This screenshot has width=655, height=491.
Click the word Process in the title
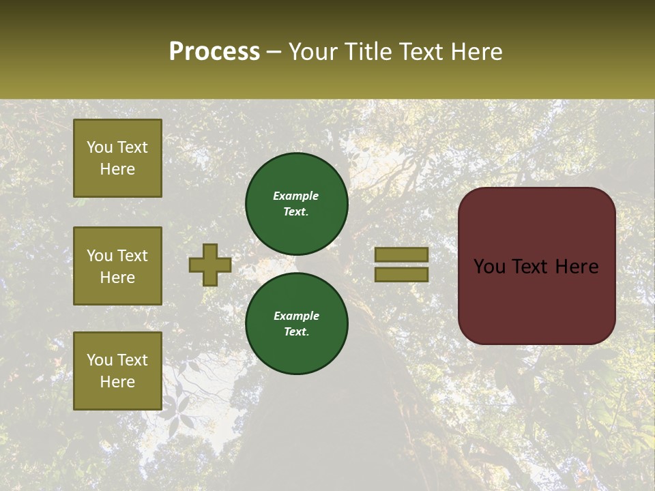tap(214, 52)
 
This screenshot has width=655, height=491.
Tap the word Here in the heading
tap(476, 52)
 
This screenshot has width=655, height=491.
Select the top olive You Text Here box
tap(117, 158)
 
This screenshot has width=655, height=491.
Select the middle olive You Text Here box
tap(117, 266)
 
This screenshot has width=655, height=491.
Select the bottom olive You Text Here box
tap(117, 370)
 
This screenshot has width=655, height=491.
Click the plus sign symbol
tap(210, 265)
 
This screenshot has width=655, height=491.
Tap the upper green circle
tap(296, 203)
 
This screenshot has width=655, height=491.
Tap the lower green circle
tap(296, 323)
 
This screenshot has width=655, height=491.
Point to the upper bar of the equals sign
tap(401, 254)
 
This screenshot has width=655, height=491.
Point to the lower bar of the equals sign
tap(401, 274)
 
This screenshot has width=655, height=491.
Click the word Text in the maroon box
tap(537, 267)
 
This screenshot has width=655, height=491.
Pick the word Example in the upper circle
tap(296, 196)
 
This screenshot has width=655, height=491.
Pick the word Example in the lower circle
tap(296, 316)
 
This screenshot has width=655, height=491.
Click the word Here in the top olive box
tap(117, 169)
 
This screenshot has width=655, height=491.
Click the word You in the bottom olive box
tap(100, 360)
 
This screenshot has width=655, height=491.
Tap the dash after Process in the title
tap(274, 53)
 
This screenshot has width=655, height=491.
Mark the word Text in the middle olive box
tap(132, 256)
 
